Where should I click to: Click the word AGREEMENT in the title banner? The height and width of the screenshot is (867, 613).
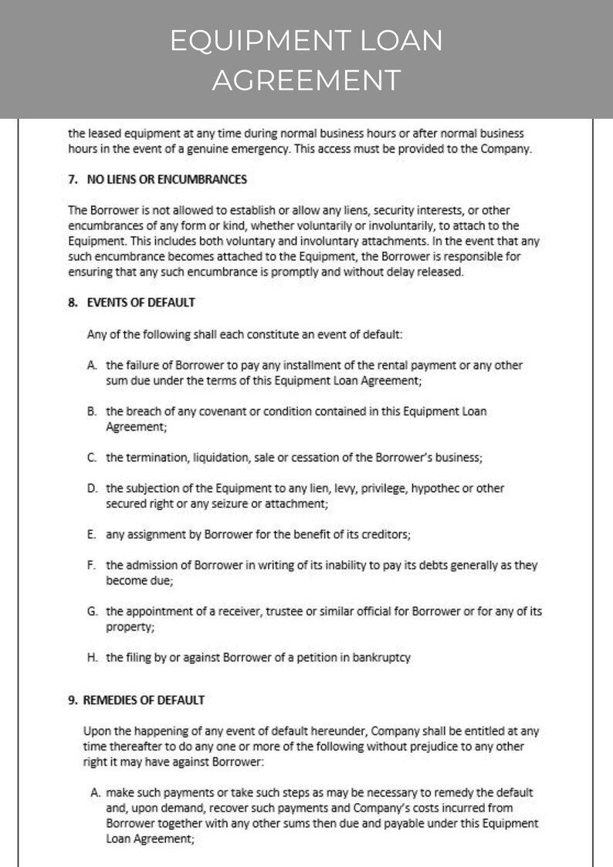click(x=306, y=80)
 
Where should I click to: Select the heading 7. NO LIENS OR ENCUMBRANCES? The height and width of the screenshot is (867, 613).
click(x=157, y=179)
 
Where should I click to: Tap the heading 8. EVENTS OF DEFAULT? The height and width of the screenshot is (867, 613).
click(x=131, y=303)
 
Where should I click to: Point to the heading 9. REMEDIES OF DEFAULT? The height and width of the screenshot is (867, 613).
click(x=136, y=700)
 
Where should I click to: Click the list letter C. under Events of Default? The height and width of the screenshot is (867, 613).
click(x=92, y=457)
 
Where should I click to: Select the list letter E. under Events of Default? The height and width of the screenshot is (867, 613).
click(x=92, y=534)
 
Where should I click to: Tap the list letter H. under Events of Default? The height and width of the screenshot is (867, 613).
click(x=92, y=658)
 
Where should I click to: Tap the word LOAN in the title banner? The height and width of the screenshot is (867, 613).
click(x=400, y=41)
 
